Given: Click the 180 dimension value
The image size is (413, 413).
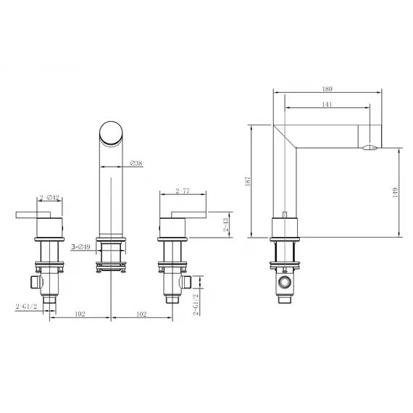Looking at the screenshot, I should tap(326, 89).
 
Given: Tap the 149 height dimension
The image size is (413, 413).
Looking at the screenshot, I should tap(395, 192).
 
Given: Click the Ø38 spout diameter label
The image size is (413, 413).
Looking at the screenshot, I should tap(135, 164).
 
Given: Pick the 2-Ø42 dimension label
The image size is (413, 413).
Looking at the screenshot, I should tap(49, 196).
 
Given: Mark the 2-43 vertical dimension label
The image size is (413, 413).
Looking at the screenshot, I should tap(226, 225).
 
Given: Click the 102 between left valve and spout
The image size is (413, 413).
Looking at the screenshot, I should tap(80, 314).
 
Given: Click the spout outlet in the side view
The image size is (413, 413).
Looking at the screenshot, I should tap(370, 148).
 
